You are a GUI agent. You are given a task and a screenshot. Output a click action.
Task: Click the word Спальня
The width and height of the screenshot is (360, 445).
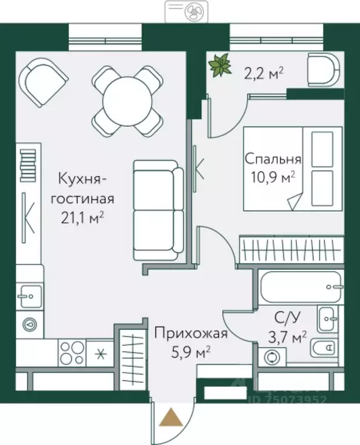click(x=272, y=159)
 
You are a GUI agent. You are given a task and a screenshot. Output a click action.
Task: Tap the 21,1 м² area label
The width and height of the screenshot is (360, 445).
click(x=82, y=217)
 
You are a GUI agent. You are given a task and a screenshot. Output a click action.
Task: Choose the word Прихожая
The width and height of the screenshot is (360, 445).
click(x=190, y=333)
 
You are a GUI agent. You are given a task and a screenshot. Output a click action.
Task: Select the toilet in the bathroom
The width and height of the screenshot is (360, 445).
click(x=322, y=348)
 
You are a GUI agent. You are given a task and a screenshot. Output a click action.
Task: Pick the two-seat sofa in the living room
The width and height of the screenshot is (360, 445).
click(x=158, y=210)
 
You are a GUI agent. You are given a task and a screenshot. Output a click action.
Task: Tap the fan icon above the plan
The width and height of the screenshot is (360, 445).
click(x=191, y=10)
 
